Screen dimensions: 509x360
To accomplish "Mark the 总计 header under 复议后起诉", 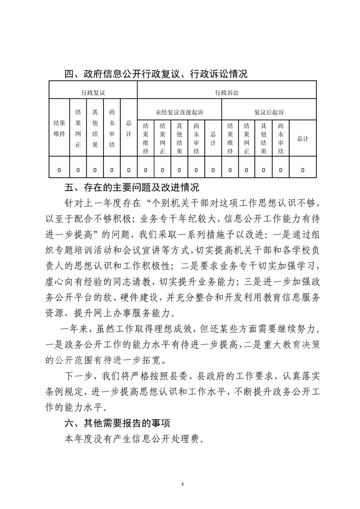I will (x=302, y=138).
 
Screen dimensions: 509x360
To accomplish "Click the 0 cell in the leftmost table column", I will (x=59, y=170).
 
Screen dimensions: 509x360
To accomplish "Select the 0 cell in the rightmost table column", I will (x=302, y=170).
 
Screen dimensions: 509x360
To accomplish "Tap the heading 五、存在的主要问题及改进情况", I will (x=132, y=186).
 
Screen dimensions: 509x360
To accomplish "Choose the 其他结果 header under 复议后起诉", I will (x=264, y=138).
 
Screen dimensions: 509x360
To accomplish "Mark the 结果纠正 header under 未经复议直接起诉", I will (x=162, y=138).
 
